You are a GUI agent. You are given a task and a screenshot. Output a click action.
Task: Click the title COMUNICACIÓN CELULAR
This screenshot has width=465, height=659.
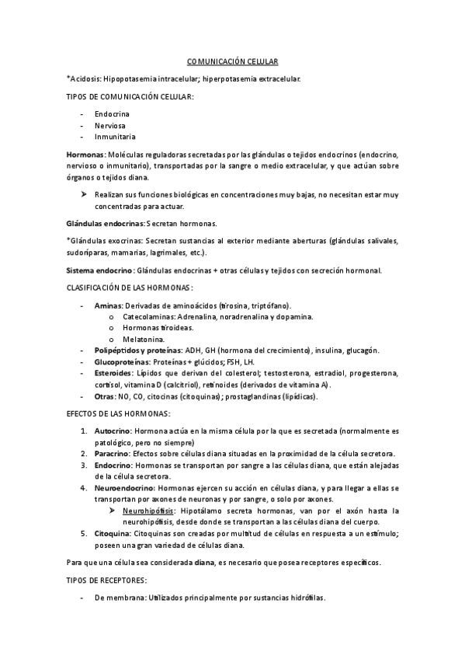click(232, 60)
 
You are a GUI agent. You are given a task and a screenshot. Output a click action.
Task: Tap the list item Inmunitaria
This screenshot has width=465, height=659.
click(115, 136)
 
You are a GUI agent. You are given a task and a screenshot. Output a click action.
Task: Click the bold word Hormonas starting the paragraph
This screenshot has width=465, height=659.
click(86, 155)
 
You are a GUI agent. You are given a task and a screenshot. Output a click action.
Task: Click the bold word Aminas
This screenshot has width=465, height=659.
click(108, 305)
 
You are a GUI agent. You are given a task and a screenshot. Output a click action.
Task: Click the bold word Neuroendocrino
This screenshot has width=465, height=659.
click(124, 487)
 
